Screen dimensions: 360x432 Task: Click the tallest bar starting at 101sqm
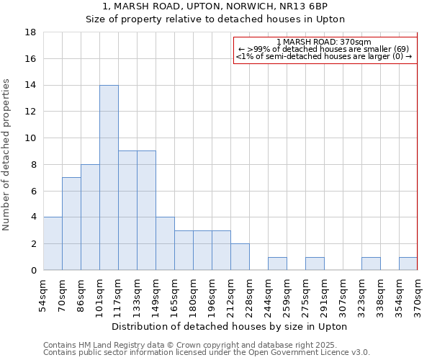point(109,178)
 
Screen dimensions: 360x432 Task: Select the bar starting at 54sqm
point(53,243)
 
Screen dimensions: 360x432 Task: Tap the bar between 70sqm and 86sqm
point(71,224)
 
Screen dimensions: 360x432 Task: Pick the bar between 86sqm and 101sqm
point(90,217)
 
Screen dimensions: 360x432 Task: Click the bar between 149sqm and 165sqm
point(165,243)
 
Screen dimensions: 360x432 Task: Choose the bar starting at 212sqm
point(240,257)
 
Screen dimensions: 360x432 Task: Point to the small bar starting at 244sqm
point(277,264)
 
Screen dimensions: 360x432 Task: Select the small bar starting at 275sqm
point(315,264)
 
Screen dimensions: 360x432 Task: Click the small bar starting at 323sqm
point(371,264)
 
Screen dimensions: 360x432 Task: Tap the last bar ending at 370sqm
point(408,264)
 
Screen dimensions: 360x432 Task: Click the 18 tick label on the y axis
point(30,32)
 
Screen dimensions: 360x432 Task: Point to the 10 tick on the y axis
point(30,138)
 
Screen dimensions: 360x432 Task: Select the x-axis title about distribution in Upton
point(230,327)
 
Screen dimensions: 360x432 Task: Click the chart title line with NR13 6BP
point(215,6)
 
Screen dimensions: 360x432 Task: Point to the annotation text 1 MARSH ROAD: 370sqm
point(324,42)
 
